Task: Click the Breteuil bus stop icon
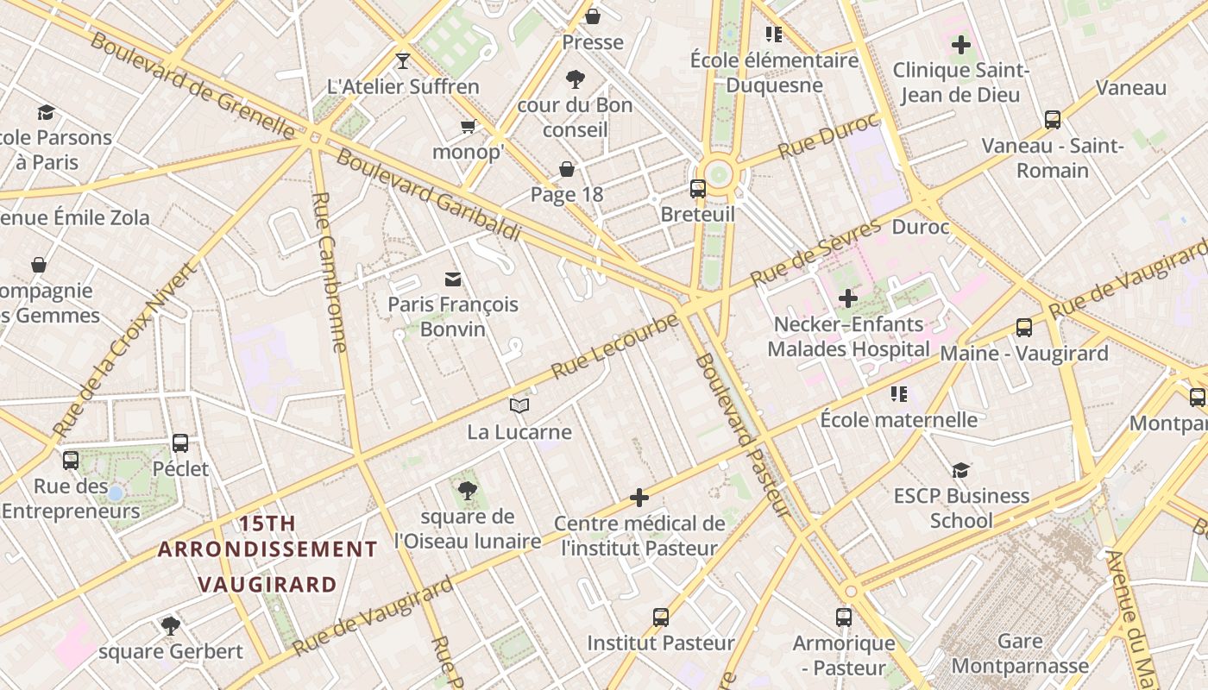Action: click(x=697, y=188)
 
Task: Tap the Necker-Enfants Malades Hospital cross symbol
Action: click(x=848, y=299)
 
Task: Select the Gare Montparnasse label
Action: click(x=1019, y=654)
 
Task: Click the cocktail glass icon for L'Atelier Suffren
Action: click(x=402, y=60)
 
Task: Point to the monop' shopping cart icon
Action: click(x=469, y=127)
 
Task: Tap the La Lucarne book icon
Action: click(x=519, y=405)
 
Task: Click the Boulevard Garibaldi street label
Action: click(x=428, y=196)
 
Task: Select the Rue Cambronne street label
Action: click(x=329, y=272)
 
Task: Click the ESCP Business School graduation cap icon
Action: click(x=960, y=470)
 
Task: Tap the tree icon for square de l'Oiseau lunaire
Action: click(x=468, y=491)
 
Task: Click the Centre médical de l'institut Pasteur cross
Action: click(x=639, y=498)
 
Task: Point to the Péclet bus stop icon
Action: click(x=180, y=443)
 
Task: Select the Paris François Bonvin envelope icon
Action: click(x=453, y=279)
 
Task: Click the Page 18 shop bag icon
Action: click(x=567, y=168)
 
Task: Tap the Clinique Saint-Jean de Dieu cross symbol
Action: click(x=960, y=44)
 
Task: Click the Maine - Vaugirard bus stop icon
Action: click(x=1024, y=328)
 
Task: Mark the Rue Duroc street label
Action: click(x=827, y=136)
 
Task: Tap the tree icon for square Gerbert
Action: click(x=171, y=625)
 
